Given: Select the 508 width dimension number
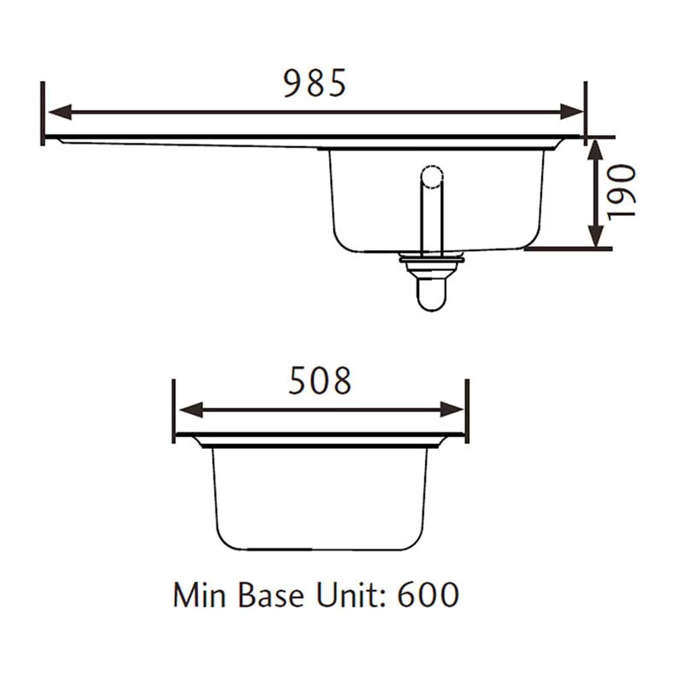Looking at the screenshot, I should [320, 381].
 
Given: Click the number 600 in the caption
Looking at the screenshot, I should [428, 596].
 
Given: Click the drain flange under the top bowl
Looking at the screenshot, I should [431, 258].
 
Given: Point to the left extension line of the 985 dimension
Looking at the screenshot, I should [43, 113].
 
